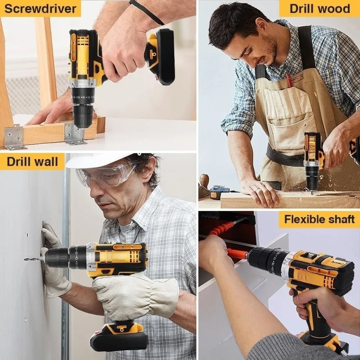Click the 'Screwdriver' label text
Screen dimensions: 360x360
coord(40,9)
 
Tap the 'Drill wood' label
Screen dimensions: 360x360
coord(320,9)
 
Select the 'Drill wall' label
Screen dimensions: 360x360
coord(32,161)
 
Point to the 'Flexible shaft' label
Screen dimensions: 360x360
coord(319,219)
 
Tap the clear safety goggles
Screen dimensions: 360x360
coord(106,174)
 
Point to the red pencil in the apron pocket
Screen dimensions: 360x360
coord(289,80)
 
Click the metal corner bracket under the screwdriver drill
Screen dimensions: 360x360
coord(75,134)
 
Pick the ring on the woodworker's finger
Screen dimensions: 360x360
coord(258,190)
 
